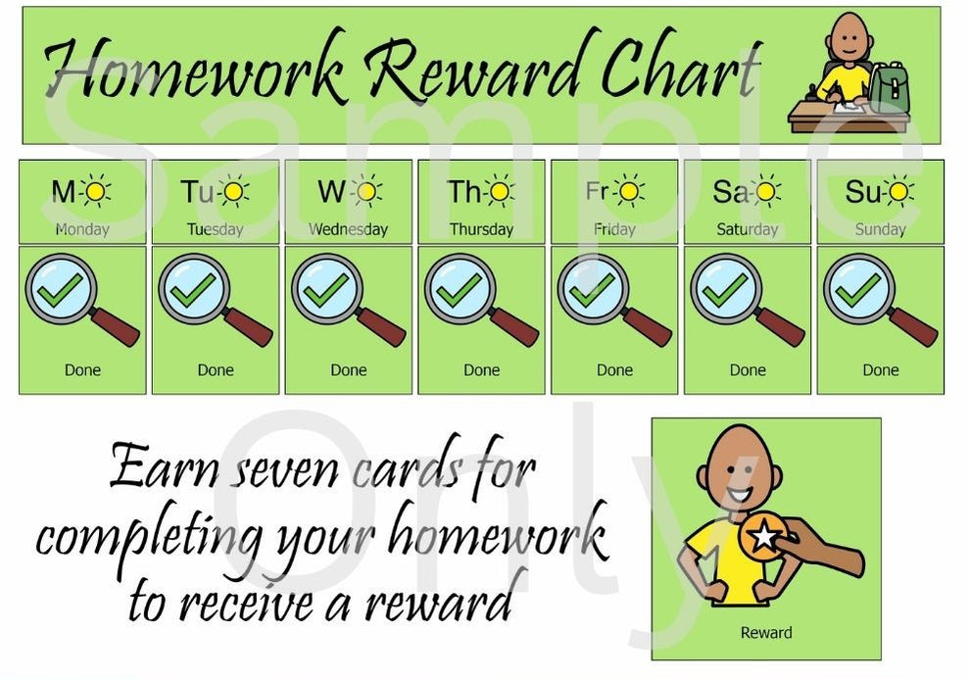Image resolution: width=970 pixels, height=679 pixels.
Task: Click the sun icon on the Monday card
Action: point(96,191)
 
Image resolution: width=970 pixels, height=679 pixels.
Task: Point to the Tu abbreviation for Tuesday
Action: point(196,192)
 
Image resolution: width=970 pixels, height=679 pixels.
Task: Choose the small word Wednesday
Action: point(348,230)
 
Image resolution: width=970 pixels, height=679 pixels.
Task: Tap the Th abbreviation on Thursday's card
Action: point(463,192)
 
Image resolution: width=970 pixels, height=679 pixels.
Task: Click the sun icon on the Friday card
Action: point(629,191)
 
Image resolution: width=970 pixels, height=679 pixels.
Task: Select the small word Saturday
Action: point(748,230)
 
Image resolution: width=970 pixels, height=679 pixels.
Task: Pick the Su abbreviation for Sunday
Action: point(862,192)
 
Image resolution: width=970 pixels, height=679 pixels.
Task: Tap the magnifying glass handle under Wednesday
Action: point(382,326)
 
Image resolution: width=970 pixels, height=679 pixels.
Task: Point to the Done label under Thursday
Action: point(481,370)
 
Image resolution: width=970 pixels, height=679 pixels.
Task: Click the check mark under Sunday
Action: point(858,289)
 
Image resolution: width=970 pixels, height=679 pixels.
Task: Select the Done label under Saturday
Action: point(748,370)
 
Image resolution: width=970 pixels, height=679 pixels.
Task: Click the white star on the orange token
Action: point(762,536)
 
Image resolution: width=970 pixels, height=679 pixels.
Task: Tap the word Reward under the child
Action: point(766,633)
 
